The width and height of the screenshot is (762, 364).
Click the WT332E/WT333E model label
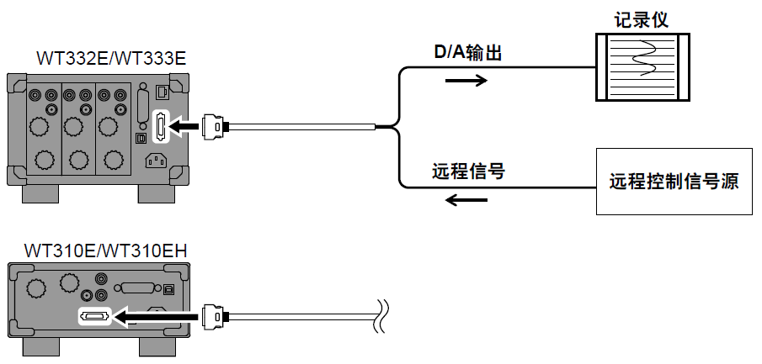tap(111, 58)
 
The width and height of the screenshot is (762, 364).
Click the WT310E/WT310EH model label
tap(106, 250)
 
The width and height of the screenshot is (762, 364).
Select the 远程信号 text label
tap(467, 172)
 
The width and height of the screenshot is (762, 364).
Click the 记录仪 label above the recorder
tap(642, 19)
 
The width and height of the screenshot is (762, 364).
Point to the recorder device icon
tap(642, 67)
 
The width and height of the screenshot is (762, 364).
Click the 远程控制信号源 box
tap(674, 182)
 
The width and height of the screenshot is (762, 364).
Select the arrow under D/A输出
tap(466, 81)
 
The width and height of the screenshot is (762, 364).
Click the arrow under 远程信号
tap(466, 200)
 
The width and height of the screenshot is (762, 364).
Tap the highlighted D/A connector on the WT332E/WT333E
tap(159, 126)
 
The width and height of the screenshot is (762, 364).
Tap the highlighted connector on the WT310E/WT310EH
tap(93, 317)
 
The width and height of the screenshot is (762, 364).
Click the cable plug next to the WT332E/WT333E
tap(216, 126)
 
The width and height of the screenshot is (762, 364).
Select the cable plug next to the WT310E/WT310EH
tap(216, 317)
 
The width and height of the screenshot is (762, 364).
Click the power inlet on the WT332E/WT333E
tap(158, 161)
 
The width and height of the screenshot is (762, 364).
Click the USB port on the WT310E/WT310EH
tap(168, 288)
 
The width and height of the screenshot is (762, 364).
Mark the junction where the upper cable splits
tap(396, 127)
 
